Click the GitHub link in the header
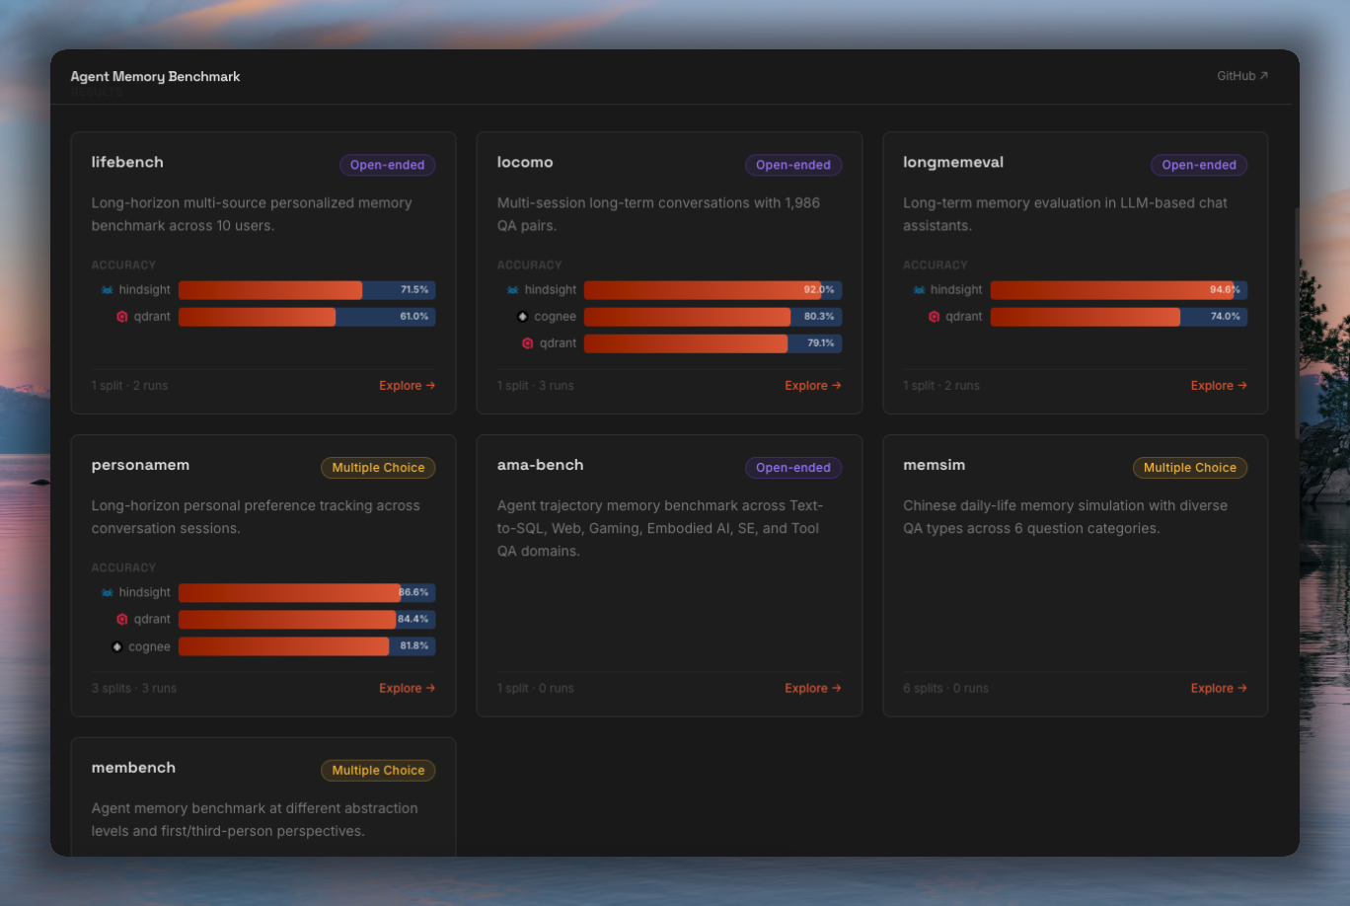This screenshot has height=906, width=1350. click(x=1241, y=76)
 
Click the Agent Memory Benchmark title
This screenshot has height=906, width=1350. click(x=155, y=76)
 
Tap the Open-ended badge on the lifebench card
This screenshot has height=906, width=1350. click(x=387, y=165)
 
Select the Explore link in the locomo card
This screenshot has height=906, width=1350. click(x=812, y=386)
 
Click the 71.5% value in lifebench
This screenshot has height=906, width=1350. click(x=414, y=290)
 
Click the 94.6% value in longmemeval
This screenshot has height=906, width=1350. click(x=1225, y=290)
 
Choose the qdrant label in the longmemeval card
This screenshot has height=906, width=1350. click(x=963, y=317)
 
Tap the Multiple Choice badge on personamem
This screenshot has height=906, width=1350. click(x=378, y=468)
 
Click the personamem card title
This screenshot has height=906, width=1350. click(x=140, y=465)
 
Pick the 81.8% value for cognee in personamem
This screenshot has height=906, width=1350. click(x=414, y=646)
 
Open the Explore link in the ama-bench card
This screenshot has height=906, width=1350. click(x=812, y=689)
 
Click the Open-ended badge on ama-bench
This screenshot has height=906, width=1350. click(x=792, y=468)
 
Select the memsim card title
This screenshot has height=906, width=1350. click(x=934, y=465)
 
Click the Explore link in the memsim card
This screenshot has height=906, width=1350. click(x=1219, y=689)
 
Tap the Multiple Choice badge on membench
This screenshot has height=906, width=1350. click(x=378, y=771)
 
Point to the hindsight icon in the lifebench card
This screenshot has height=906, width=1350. click(x=108, y=290)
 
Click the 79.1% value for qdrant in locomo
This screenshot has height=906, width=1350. click(x=820, y=343)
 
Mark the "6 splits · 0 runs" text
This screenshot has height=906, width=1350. click(x=945, y=689)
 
